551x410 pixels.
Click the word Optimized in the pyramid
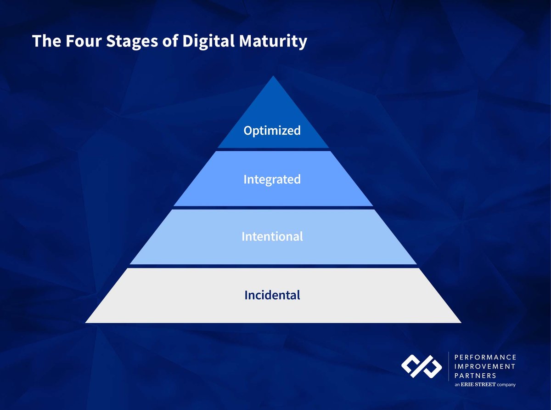(272, 131)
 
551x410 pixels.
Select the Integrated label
(272, 179)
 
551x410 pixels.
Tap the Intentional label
(272, 237)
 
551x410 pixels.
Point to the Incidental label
(272, 295)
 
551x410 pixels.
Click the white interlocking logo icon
(421, 366)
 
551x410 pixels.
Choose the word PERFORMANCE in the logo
(485, 357)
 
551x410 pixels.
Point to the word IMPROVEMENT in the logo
(484, 366)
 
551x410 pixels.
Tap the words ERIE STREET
(479, 385)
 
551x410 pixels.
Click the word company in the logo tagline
(506, 385)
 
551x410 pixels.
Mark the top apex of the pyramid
(273, 76)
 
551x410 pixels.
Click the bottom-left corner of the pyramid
(86, 322)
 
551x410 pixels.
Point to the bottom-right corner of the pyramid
(461, 322)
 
